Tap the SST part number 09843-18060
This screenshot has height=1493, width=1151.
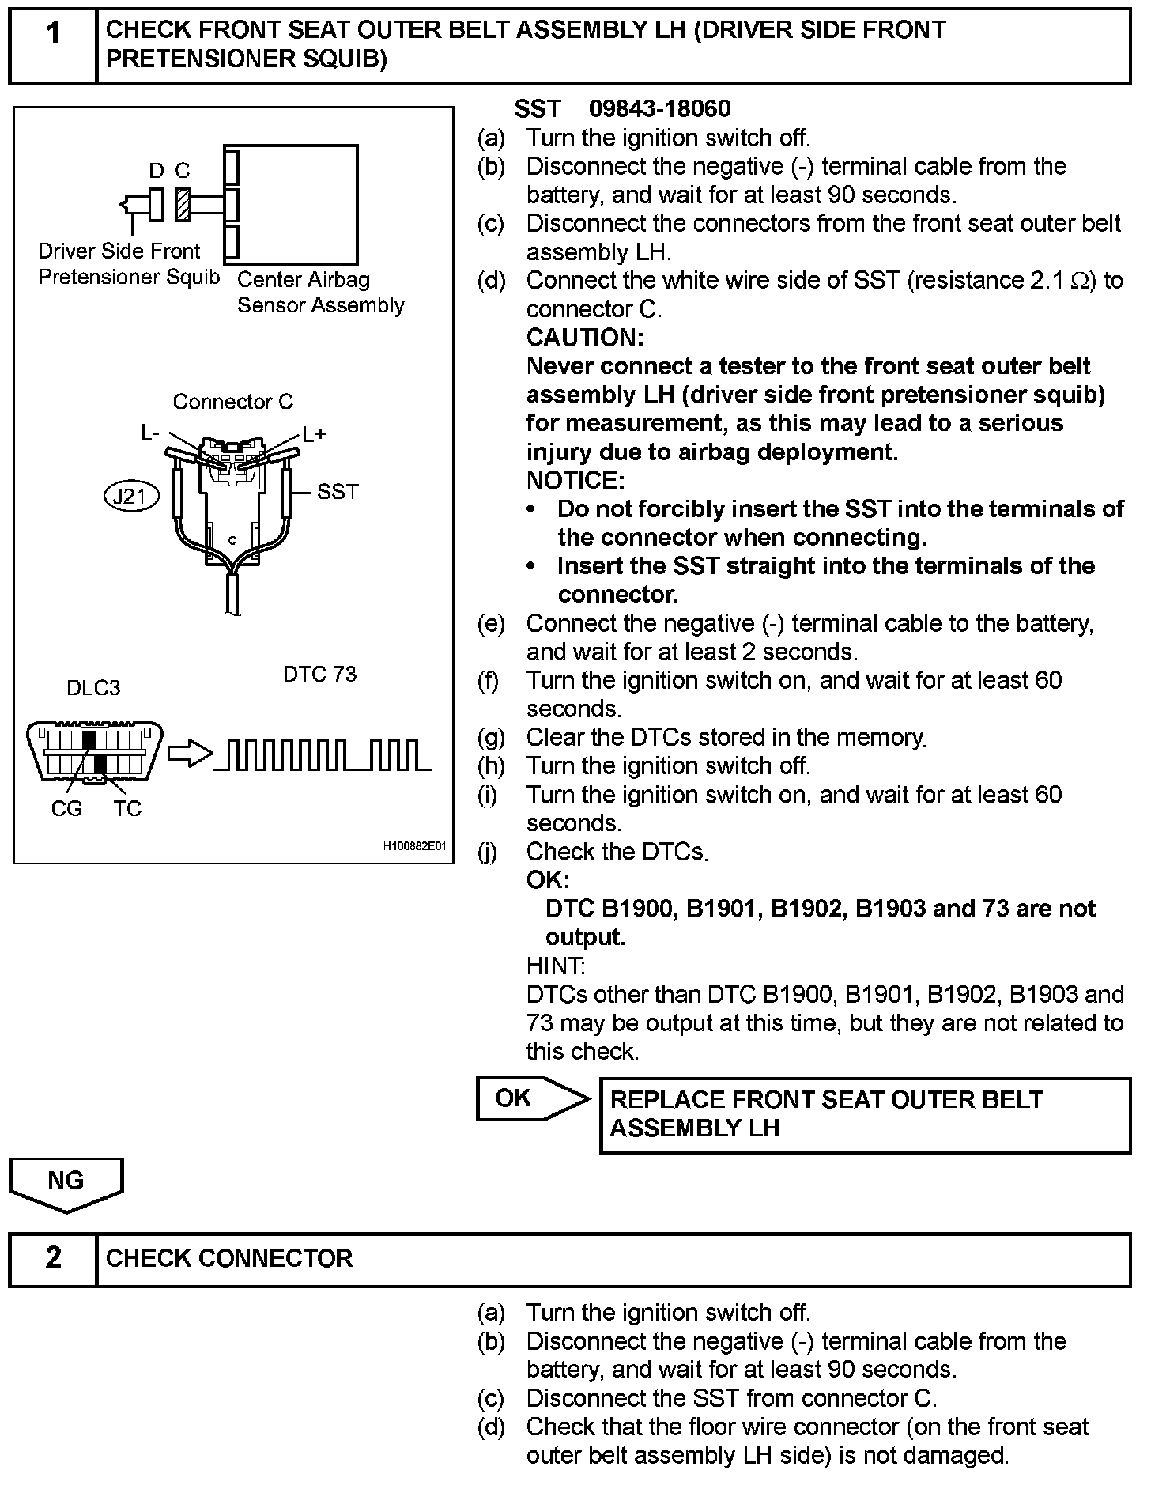[x=660, y=108]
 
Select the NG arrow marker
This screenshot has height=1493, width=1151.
[x=66, y=1182]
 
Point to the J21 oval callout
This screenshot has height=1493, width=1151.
[x=131, y=497]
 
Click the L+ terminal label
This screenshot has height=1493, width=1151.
[x=314, y=434]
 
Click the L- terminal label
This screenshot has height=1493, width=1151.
[x=150, y=433]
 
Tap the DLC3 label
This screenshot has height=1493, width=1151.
[x=93, y=687]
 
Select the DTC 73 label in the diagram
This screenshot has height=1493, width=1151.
[x=319, y=675]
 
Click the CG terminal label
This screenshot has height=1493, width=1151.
[x=66, y=808]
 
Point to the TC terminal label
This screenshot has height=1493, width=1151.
[x=126, y=808]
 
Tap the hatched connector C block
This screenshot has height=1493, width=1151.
[x=183, y=204]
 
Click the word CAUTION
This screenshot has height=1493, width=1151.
[x=585, y=338]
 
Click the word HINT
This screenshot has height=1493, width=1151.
[x=555, y=966]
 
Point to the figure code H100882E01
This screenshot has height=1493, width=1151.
[x=415, y=846]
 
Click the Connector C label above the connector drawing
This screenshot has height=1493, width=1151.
[x=232, y=402]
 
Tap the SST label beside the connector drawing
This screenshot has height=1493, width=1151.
[x=338, y=492]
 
